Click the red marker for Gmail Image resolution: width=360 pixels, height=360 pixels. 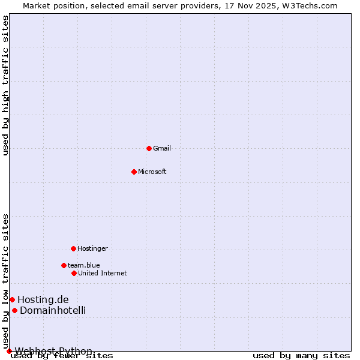point(149,148)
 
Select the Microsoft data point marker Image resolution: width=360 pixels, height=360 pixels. point(134,172)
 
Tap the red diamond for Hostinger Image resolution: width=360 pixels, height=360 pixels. point(73,248)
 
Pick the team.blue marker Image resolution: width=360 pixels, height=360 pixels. point(64,265)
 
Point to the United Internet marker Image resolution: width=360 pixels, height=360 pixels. point(74,273)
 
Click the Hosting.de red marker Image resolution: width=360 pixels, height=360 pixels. point(12,299)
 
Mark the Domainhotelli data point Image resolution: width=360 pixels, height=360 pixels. point(14,310)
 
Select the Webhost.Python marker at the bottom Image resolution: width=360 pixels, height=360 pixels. point(9,351)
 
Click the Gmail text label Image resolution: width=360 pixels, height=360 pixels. point(162,148)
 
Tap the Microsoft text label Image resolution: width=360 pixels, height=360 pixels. point(152,172)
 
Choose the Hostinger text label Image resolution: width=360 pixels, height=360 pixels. point(92,248)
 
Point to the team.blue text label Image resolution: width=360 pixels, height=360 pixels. point(83,265)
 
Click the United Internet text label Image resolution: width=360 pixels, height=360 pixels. point(102,273)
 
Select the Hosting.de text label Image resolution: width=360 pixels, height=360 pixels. point(43,299)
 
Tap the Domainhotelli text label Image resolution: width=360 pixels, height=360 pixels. point(53,310)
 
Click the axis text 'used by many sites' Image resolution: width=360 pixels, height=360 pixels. point(301,356)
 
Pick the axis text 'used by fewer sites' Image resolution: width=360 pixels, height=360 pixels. point(62,356)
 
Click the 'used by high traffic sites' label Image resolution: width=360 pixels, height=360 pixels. point(6,85)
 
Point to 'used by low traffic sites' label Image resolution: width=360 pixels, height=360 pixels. point(6,281)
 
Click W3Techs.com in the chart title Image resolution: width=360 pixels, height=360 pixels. point(310,5)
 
